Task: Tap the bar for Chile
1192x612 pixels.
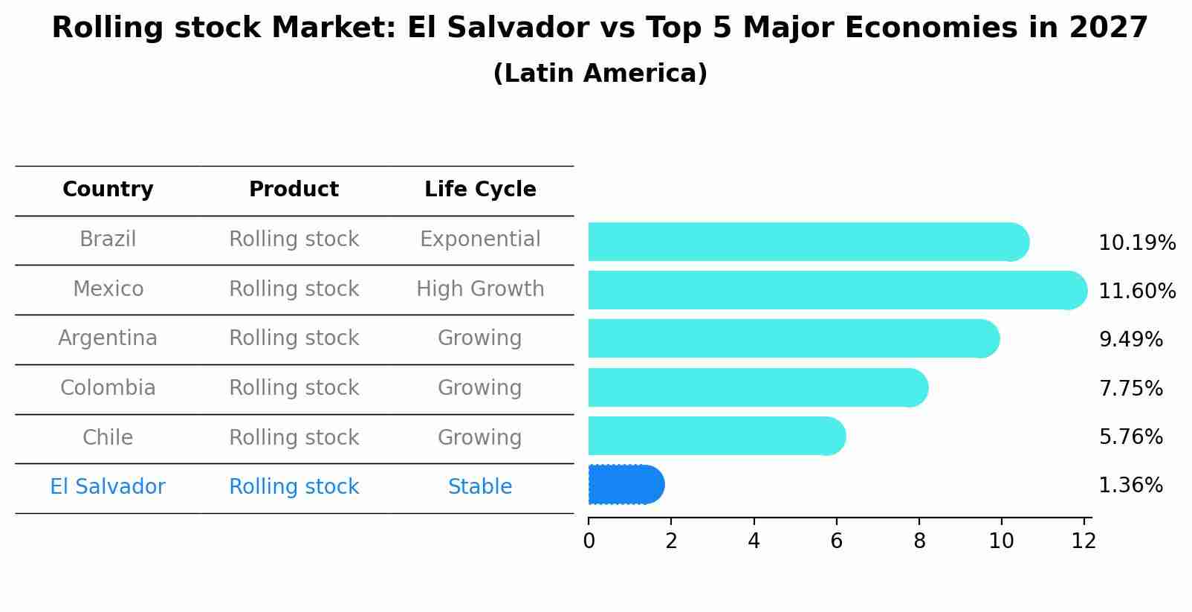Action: pyautogui.click(x=716, y=436)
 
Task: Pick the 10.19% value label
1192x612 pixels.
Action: pyautogui.click(x=1136, y=243)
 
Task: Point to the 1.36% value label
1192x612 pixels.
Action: pyautogui.click(x=1130, y=486)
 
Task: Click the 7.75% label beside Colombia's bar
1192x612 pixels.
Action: pyautogui.click(x=1130, y=388)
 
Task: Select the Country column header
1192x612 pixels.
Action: pyautogui.click(x=108, y=190)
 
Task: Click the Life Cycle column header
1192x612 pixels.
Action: pyautogui.click(x=480, y=190)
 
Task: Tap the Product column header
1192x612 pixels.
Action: pyautogui.click(x=294, y=190)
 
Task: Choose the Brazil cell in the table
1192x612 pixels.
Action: pyautogui.click(x=108, y=239)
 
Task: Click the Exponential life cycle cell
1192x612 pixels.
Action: pyautogui.click(x=480, y=239)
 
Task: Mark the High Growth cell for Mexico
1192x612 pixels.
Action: pyautogui.click(x=480, y=289)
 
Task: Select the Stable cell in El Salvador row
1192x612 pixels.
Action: pyautogui.click(x=480, y=487)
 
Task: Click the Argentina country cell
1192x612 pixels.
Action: pyautogui.click(x=108, y=338)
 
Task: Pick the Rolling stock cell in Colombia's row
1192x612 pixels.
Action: pyautogui.click(x=294, y=388)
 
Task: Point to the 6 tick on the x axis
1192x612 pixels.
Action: pyautogui.click(x=837, y=541)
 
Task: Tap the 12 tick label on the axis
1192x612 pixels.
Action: pyautogui.click(x=1084, y=541)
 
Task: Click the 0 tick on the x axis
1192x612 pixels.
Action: pyautogui.click(x=589, y=541)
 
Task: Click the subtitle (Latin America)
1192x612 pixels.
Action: pyautogui.click(x=600, y=74)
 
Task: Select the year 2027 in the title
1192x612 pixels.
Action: pyautogui.click(x=1108, y=28)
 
